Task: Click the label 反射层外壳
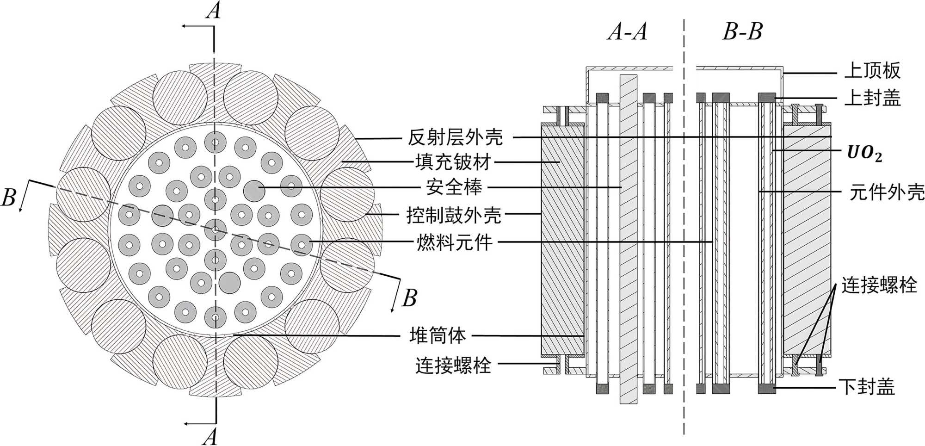tap(455, 137)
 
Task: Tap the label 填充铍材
tap(453, 162)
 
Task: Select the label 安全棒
tap(454, 187)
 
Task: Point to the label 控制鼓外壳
tap(454, 215)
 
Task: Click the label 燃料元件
tap(455, 242)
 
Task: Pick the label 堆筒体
tap(437, 335)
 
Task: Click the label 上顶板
tap(872, 71)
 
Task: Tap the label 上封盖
tap(872, 98)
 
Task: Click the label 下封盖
tap(867, 386)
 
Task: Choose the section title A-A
tap(627, 32)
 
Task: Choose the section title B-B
tap(742, 32)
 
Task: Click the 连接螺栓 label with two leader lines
tap(879, 285)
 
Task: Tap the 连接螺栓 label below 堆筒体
tap(453, 365)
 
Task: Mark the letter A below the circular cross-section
tap(210, 436)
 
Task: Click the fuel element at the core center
tap(215, 229)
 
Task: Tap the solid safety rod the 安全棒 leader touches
tap(254, 190)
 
